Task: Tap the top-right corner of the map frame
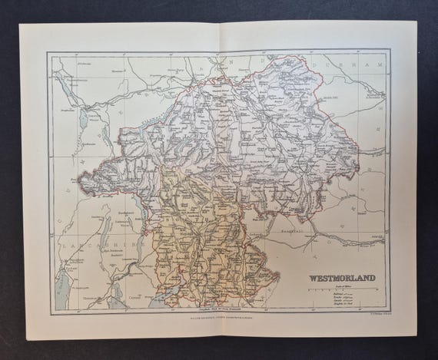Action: pos(390,51)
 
